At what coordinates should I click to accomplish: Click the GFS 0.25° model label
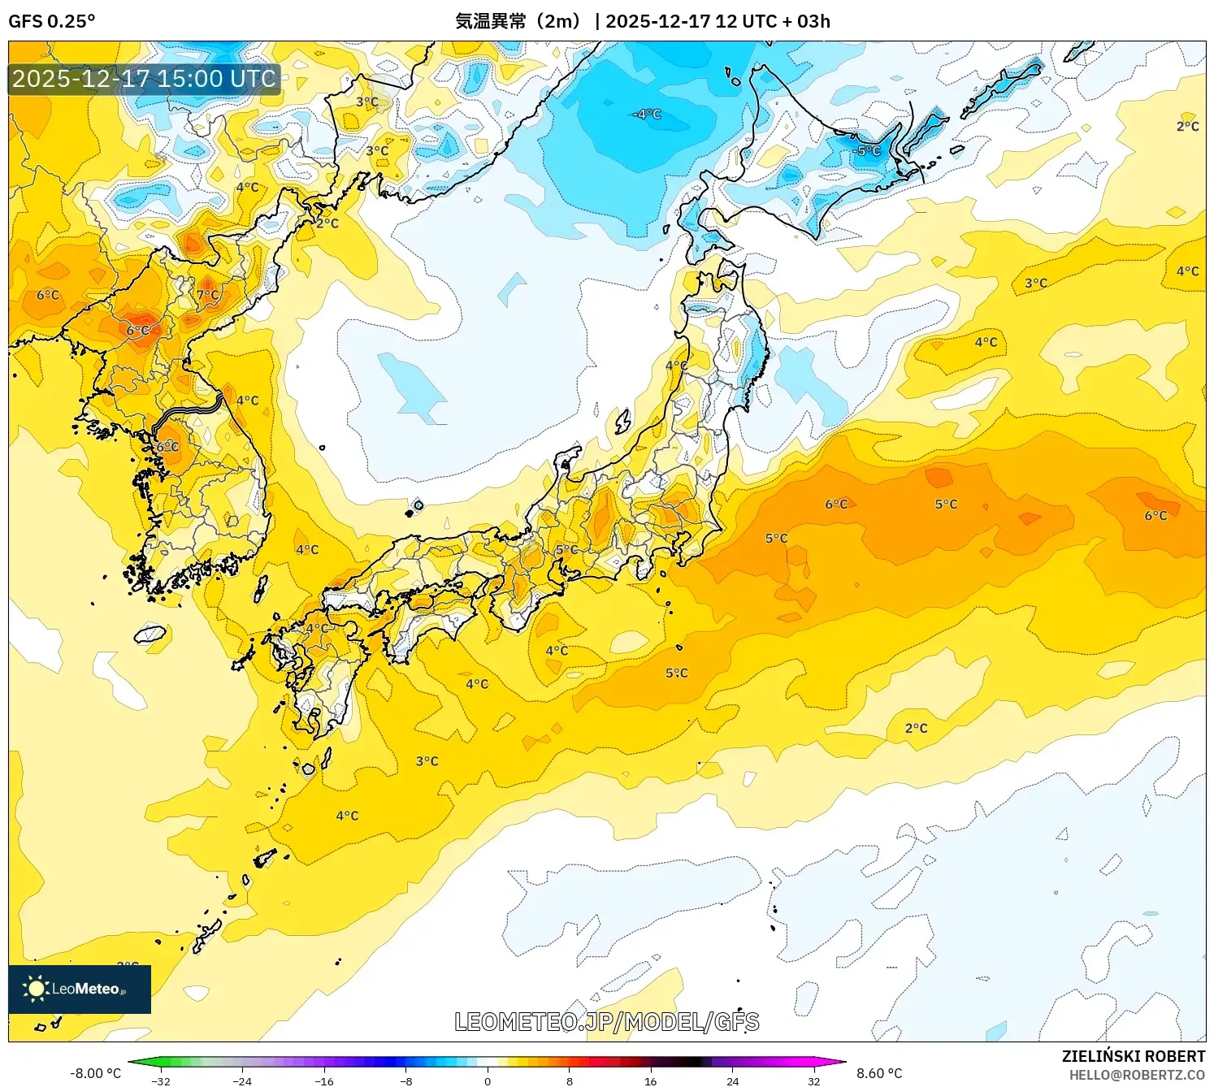click(51, 21)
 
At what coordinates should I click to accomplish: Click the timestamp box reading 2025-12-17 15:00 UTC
click(144, 79)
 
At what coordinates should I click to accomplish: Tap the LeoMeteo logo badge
click(80, 989)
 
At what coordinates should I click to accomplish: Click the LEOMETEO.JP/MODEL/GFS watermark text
click(606, 1022)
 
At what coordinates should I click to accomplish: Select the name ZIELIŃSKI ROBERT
click(1133, 1056)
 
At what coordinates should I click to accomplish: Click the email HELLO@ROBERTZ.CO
click(1136, 1075)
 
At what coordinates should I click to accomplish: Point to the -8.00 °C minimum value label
click(95, 1073)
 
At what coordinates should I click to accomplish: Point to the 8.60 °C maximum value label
click(879, 1073)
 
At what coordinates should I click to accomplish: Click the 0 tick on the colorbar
click(488, 1081)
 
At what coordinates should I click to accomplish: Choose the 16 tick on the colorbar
click(650, 1081)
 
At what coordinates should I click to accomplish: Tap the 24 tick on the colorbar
click(732, 1081)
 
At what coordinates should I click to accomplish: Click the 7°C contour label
click(207, 295)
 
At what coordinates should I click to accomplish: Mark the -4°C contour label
click(647, 115)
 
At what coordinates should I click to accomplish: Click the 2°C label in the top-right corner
click(1187, 126)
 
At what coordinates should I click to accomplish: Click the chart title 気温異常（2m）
click(518, 21)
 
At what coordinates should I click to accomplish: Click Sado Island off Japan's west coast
click(623, 421)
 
